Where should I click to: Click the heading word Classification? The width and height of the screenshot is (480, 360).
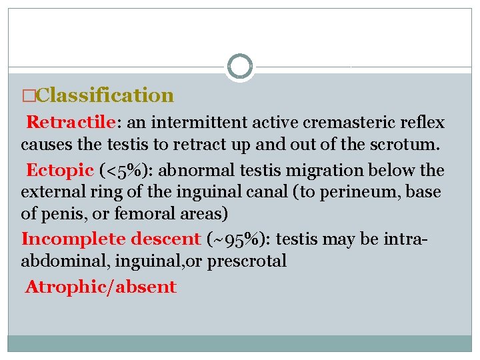tap(105, 95)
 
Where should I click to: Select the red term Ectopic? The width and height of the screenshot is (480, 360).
tap(59, 170)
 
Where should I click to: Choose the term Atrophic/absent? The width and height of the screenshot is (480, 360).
tap(101, 287)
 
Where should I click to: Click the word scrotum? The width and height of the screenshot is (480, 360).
tap(406, 143)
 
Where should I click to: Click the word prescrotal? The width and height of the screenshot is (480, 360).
tap(247, 261)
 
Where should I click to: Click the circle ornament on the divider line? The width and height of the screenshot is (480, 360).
tap(240, 67)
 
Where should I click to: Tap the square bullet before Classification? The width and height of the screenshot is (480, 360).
tap(27, 96)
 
